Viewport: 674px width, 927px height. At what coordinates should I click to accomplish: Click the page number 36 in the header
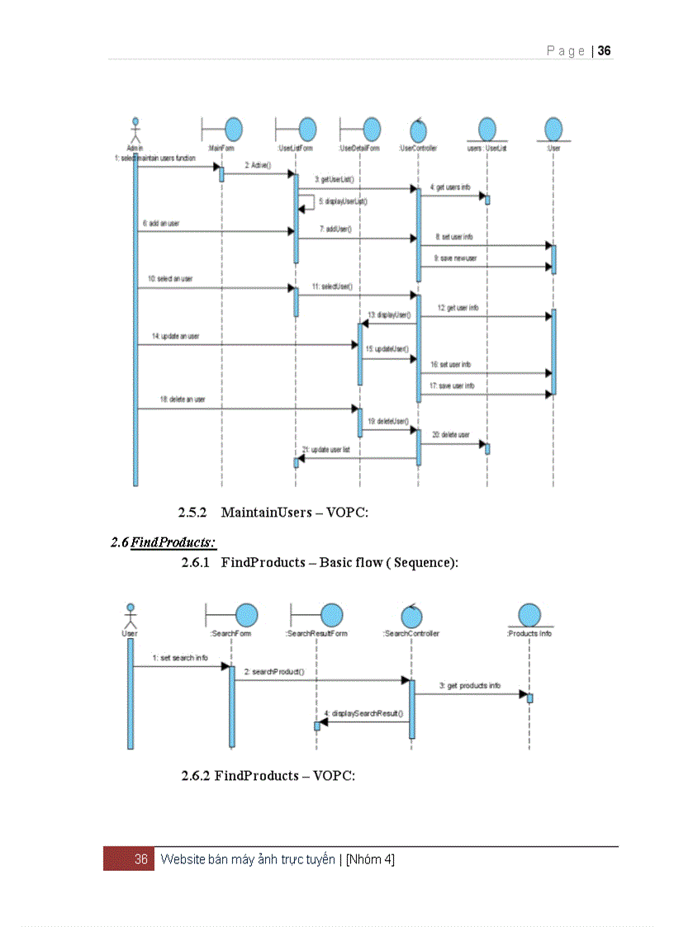(x=605, y=51)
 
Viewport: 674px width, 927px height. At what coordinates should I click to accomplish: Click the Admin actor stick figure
(x=135, y=130)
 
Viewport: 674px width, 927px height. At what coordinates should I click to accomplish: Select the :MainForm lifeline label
(x=221, y=149)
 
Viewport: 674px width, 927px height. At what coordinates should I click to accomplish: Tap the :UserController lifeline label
(x=417, y=149)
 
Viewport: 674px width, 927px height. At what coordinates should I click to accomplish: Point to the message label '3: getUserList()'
(x=335, y=178)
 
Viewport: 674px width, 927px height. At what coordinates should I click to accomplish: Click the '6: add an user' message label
(x=161, y=224)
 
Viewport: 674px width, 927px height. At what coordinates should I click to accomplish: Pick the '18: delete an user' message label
(x=183, y=400)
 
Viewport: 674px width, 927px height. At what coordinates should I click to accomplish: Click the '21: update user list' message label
(x=331, y=450)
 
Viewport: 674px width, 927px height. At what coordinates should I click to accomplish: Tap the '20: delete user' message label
(x=451, y=435)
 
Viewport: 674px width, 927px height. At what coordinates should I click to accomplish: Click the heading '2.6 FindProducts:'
(x=164, y=542)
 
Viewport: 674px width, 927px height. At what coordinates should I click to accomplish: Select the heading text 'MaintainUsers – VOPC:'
(x=294, y=513)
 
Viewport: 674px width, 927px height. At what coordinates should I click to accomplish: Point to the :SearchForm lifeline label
(x=230, y=633)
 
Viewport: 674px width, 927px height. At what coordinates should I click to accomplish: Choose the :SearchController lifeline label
(x=411, y=633)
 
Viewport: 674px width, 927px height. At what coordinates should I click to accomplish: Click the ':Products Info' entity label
(x=529, y=633)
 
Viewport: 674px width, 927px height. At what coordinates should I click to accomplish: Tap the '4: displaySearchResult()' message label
(x=364, y=712)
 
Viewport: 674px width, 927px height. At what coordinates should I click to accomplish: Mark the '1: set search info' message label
(x=180, y=658)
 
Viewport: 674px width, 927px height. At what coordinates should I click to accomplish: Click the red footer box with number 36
(x=129, y=859)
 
